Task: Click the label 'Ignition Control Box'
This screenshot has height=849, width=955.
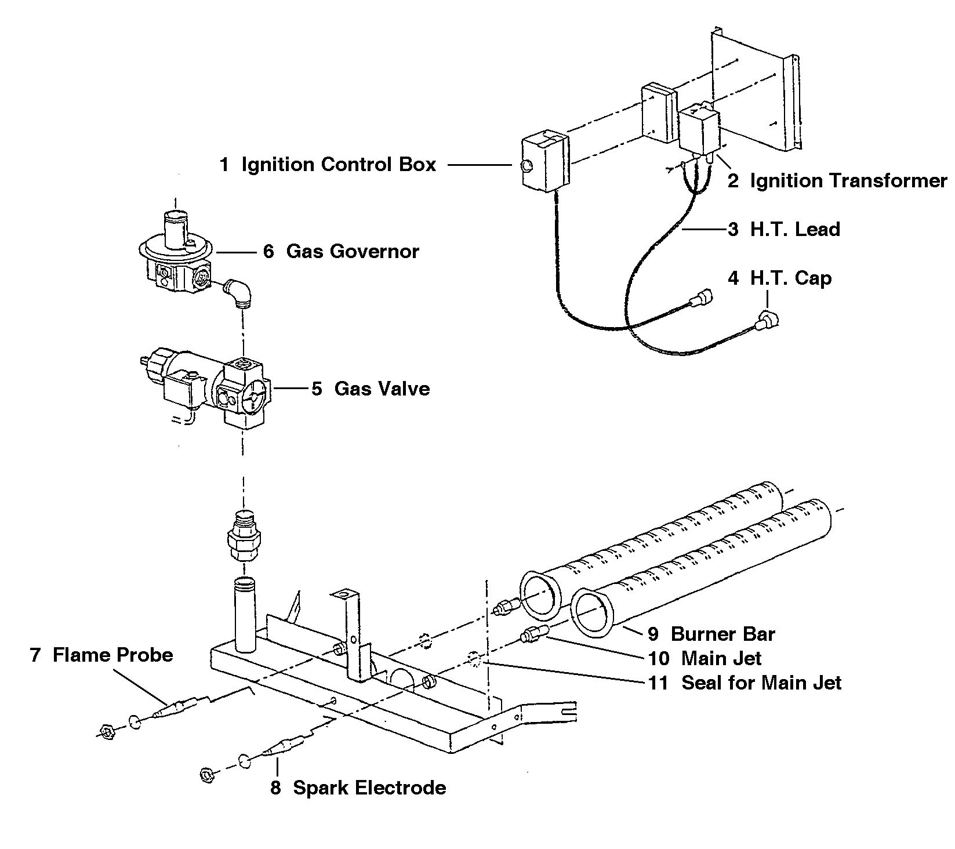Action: click(x=339, y=165)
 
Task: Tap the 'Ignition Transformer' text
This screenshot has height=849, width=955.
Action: click(x=849, y=181)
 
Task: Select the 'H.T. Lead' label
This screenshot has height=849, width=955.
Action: click(x=795, y=229)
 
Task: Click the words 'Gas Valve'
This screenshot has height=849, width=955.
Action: click(x=382, y=388)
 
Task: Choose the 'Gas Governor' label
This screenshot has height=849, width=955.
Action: click(x=353, y=251)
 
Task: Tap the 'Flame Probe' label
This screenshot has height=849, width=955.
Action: click(x=113, y=655)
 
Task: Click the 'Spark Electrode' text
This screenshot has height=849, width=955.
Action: click(x=369, y=788)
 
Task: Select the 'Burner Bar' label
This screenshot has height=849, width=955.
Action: click(x=722, y=634)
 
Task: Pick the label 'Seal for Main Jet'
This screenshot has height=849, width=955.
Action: click(x=761, y=683)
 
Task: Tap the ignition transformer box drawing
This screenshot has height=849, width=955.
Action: click(x=699, y=131)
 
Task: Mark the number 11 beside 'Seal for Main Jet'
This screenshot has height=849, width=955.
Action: click(x=659, y=683)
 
